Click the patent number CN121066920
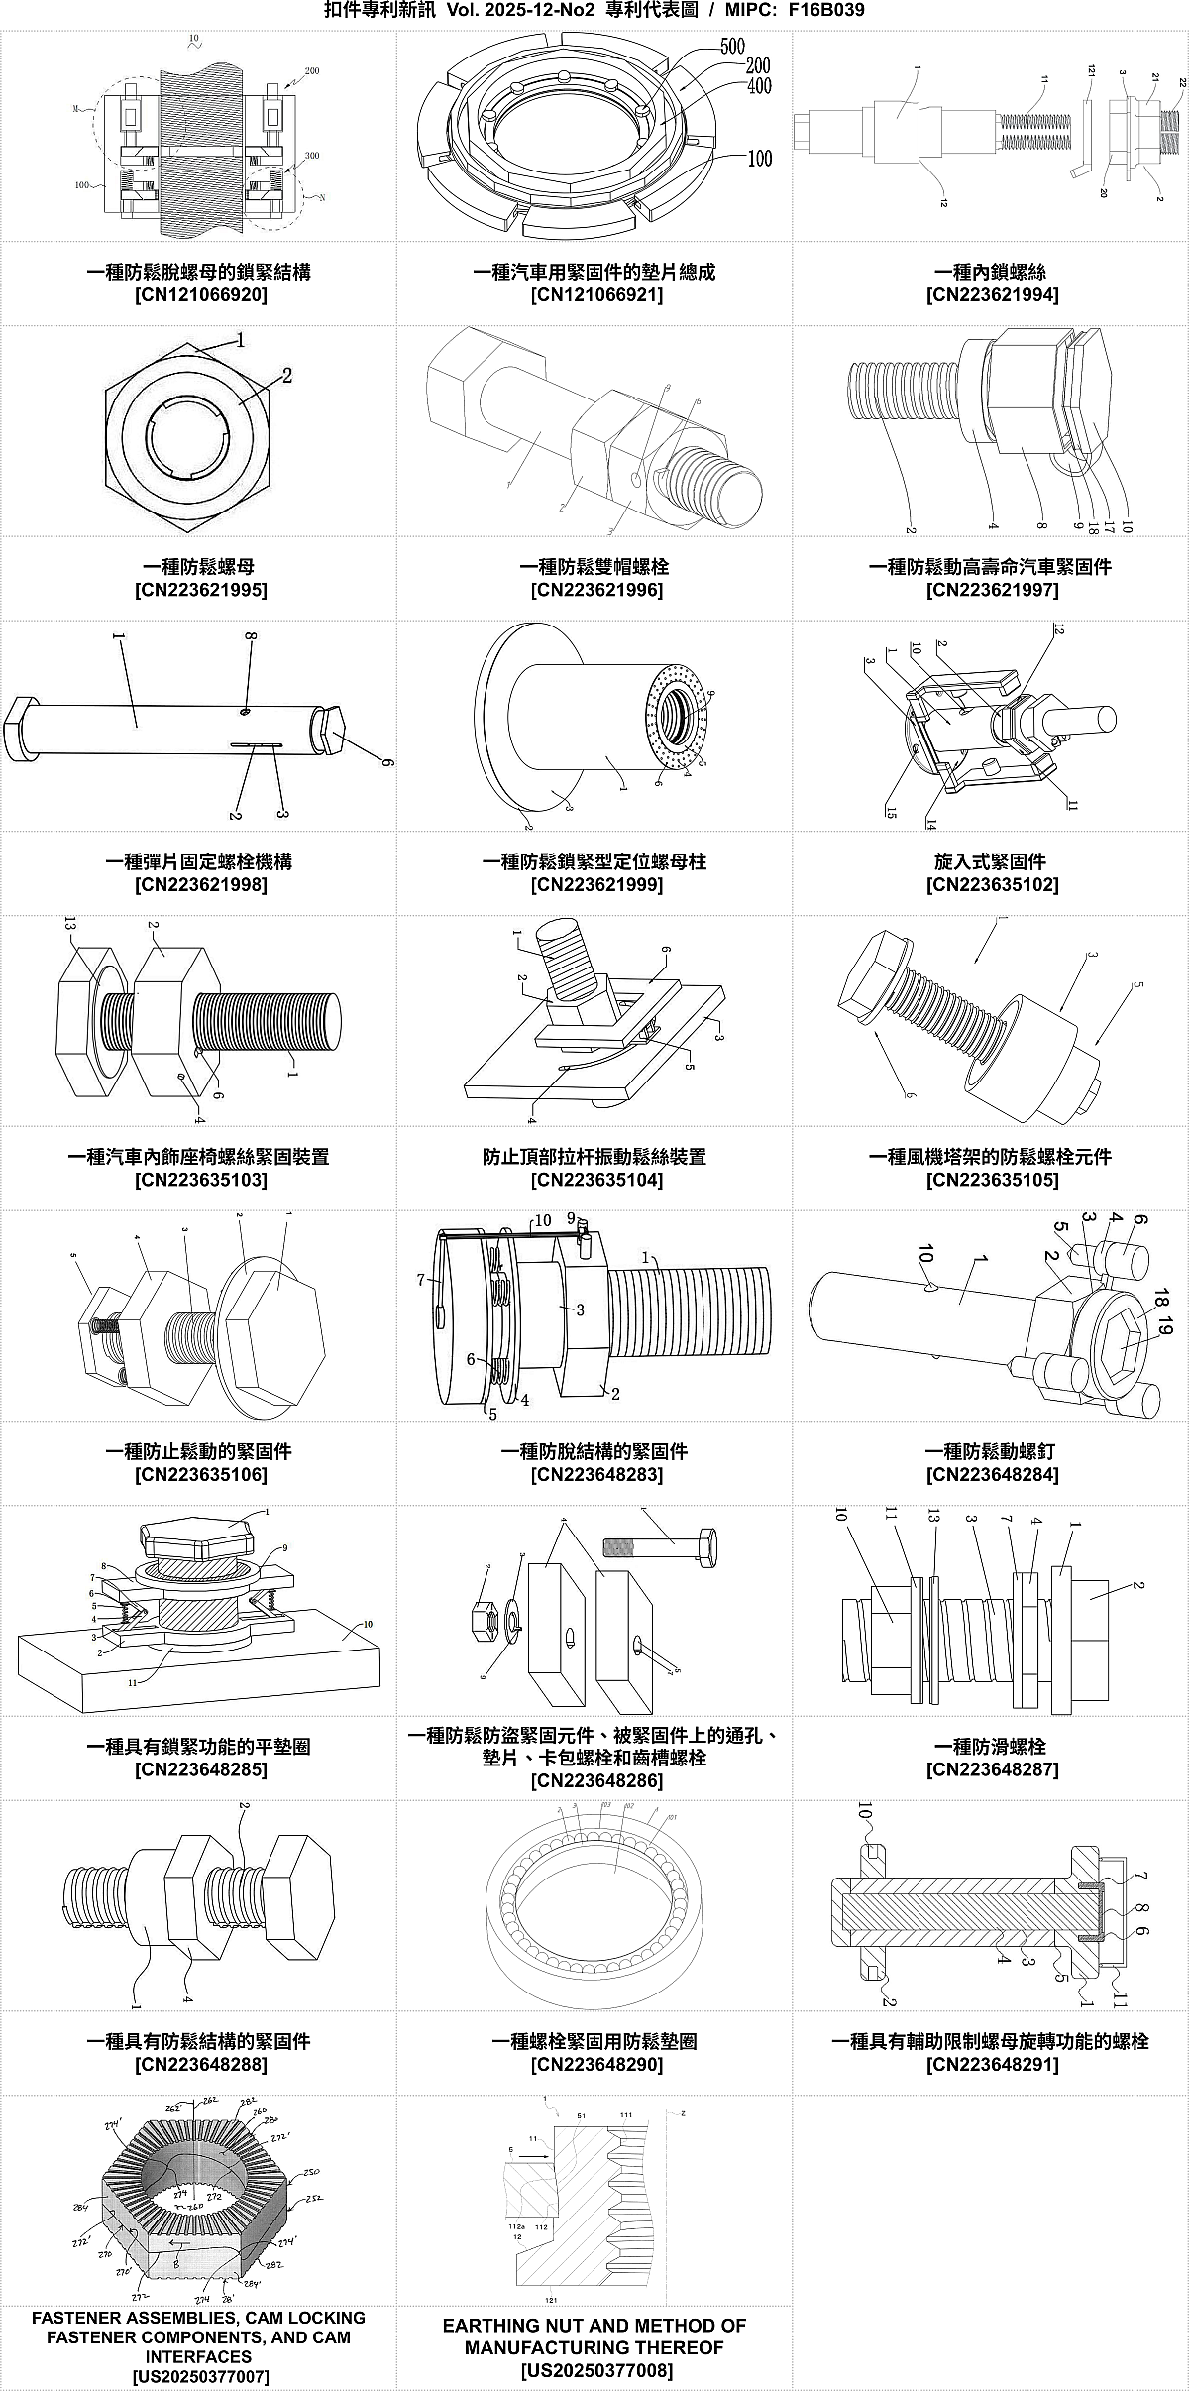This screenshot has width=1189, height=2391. point(200,295)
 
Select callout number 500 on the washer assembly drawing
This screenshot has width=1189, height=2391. point(732,47)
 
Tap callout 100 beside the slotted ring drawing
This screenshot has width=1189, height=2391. point(760,159)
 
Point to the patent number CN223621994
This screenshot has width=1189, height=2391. point(992,295)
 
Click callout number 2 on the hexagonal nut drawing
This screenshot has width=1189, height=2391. point(286,376)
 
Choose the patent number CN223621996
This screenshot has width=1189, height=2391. point(596,591)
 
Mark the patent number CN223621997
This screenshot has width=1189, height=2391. point(992,591)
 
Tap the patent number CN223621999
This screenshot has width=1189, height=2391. point(596,885)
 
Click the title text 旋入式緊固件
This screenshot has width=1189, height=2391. point(991,861)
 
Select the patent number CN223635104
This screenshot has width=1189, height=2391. point(596,1180)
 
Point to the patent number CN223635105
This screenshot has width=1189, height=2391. point(992,1180)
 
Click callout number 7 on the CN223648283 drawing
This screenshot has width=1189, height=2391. point(421,1281)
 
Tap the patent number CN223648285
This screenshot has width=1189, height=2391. point(200,1769)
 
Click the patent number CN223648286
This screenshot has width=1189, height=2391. point(596,1781)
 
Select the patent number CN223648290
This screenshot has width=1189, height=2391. point(596,2065)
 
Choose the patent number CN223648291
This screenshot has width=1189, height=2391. point(992,2065)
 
